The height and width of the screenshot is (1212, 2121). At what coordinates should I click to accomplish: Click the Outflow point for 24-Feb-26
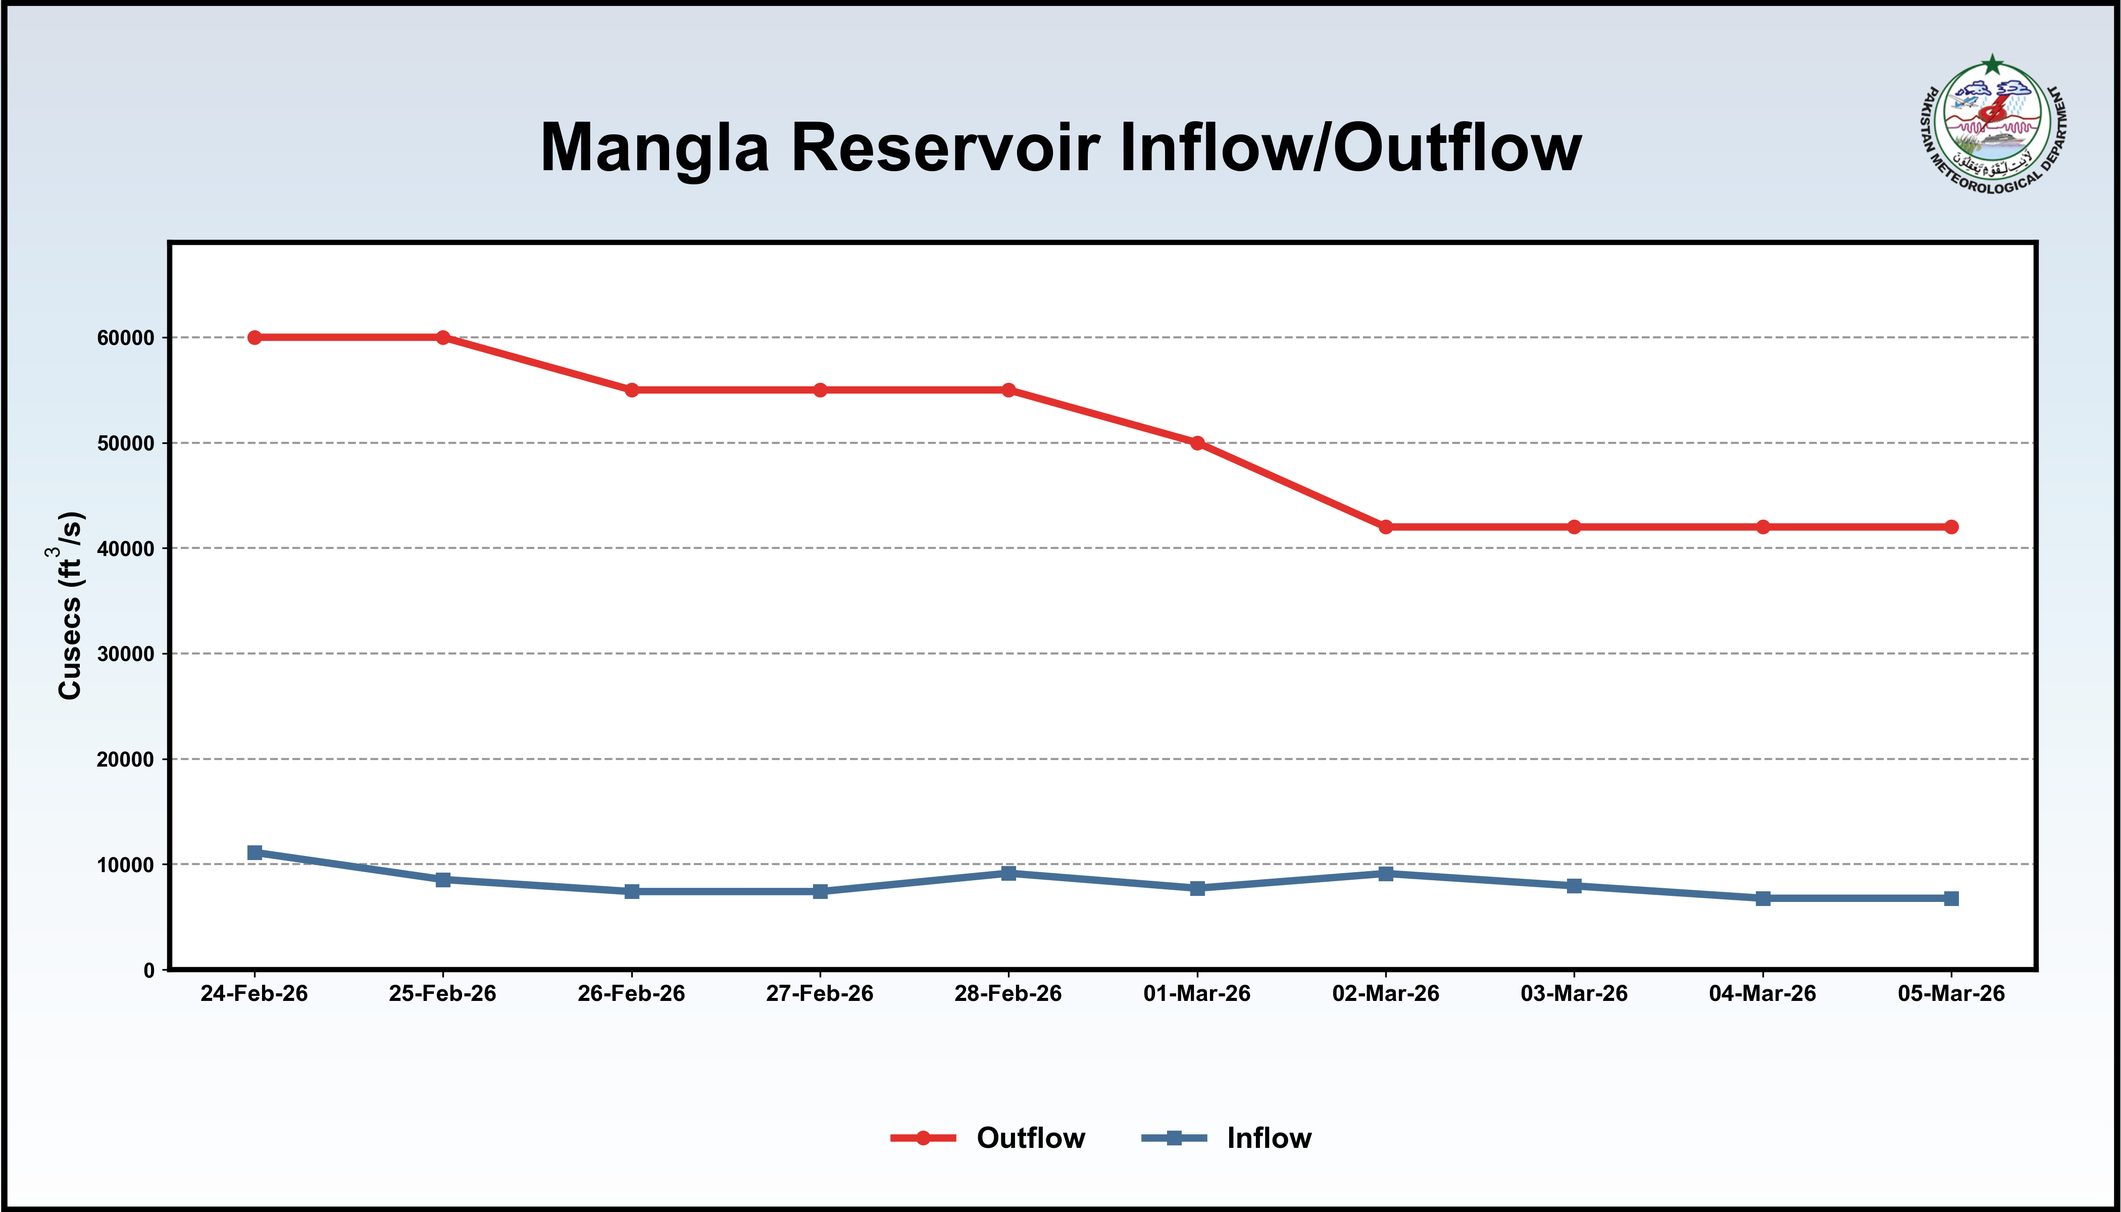point(255,337)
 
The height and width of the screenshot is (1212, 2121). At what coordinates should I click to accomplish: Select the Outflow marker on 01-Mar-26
point(1197,443)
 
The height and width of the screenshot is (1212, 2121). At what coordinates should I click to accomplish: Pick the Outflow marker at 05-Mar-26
point(1951,527)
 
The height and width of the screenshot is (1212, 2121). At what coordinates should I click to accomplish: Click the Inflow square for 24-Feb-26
point(255,852)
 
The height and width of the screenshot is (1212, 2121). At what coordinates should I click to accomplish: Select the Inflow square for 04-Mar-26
point(1763,898)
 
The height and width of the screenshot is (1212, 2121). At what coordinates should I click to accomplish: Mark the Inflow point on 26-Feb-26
point(632,891)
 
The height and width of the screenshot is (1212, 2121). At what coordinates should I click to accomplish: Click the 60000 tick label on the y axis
point(126,338)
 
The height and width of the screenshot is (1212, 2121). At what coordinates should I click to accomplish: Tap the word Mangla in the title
point(654,148)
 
